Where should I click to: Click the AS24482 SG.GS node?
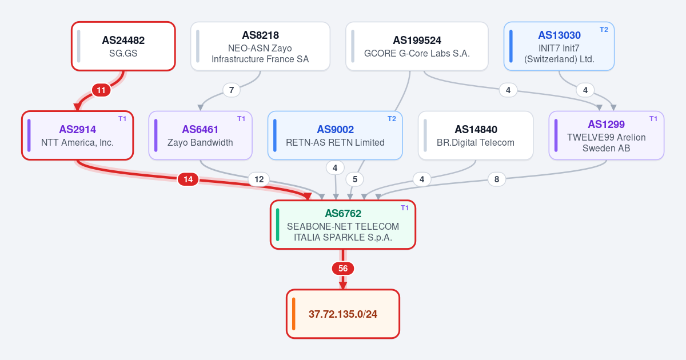point(123,46)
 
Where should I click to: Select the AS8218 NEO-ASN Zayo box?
point(260,46)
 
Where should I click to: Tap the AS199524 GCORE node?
point(417,46)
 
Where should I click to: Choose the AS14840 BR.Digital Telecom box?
point(476,135)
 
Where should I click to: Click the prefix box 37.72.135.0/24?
point(343,314)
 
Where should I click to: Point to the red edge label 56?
point(343,269)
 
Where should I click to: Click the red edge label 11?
point(101,90)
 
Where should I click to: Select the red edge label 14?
point(188,179)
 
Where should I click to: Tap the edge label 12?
point(259,179)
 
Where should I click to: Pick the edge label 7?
point(232,90)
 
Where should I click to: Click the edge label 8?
point(497,179)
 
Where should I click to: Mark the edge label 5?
point(355,179)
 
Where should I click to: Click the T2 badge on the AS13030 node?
point(604,30)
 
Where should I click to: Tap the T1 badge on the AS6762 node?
point(405,208)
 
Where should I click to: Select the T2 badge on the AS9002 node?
point(392,119)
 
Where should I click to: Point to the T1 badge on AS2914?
point(122,119)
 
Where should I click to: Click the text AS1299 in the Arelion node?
point(606,125)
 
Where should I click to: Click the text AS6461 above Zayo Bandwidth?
point(200,130)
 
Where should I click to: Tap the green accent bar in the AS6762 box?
point(277,225)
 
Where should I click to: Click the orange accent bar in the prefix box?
point(293,314)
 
